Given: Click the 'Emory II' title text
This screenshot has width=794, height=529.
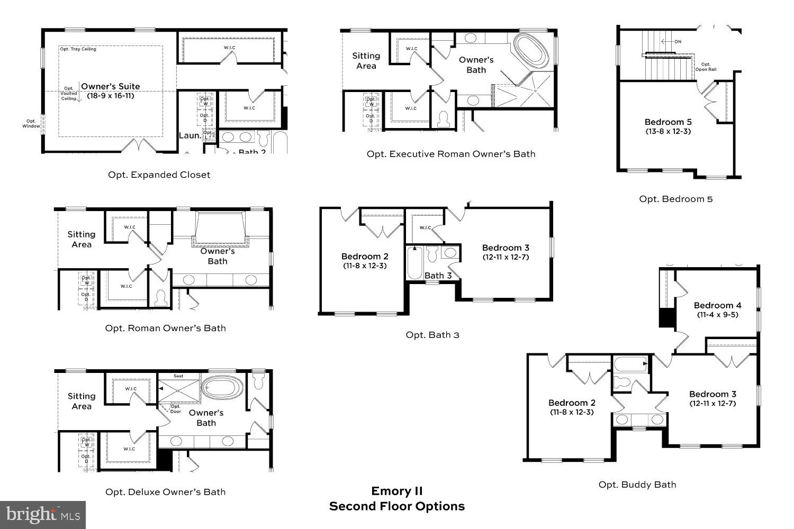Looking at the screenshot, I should (397, 491).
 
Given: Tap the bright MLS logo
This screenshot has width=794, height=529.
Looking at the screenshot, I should (43, 514).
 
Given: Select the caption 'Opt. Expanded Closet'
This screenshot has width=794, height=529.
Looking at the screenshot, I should (159, 175).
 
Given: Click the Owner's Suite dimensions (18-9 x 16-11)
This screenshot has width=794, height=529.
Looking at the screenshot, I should (111, 96).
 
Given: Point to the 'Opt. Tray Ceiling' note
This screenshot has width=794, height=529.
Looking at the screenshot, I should (78, 49).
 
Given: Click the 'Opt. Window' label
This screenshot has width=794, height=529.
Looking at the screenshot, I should (31, 123).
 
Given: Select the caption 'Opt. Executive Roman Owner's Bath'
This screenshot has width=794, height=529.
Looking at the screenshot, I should (451, 154).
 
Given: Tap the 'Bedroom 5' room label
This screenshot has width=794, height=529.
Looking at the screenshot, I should (668, 122).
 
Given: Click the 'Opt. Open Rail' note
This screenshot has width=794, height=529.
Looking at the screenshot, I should (706, 67).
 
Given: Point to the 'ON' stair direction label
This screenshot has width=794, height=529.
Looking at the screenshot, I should (678, 42).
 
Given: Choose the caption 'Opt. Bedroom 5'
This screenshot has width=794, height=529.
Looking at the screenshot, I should (676, 199).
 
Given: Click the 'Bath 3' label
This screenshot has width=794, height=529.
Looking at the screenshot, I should (438, 275).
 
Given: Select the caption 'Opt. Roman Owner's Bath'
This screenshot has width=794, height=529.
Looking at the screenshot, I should (166, 328).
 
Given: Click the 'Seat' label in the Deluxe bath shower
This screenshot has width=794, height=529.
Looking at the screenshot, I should (178, 376).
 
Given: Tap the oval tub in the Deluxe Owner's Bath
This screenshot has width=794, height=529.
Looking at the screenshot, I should (223, 387).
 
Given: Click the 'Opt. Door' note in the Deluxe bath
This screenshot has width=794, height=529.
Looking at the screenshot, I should (175, 409).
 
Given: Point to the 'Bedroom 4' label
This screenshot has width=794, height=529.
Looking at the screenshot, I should (717, 305).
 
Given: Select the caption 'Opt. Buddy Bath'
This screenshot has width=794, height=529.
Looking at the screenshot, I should (637, 485).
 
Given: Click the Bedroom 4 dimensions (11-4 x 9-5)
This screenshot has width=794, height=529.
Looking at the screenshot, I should (717, 315).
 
